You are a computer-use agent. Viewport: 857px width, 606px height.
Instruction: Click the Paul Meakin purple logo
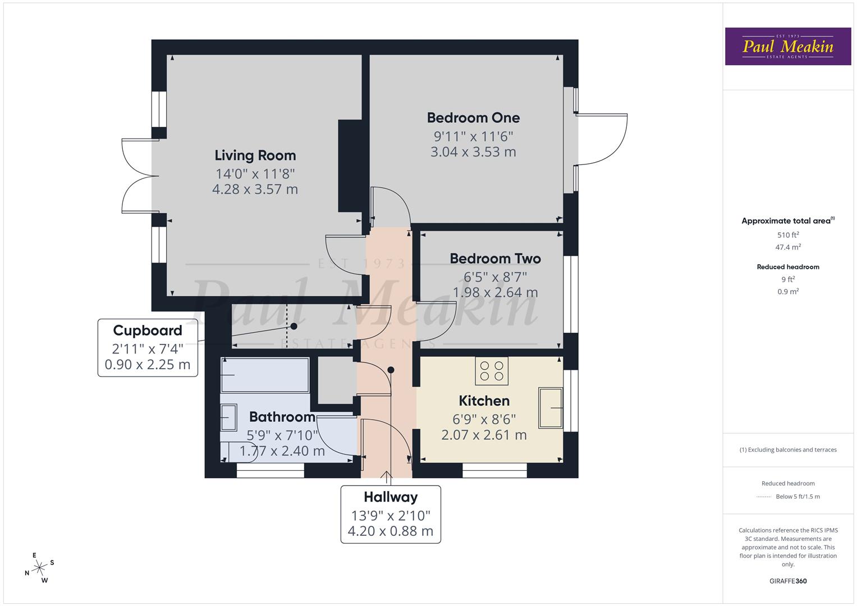[787, 47]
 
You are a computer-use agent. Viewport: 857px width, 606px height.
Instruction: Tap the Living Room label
[255, 155]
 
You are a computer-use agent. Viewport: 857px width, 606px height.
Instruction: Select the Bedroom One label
[473, 118]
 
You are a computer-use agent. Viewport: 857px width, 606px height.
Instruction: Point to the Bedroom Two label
[495, 259]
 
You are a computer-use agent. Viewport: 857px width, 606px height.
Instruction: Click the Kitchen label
[484, 401]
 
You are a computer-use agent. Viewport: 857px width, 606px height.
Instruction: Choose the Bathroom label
[282, 417]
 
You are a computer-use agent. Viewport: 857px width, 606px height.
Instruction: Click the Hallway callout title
[391, 497]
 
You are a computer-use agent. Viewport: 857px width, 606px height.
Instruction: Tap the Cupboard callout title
[148, 330]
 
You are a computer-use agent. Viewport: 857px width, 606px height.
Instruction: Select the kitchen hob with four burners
[492, 371]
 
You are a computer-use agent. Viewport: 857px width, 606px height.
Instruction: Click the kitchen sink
[551, 408]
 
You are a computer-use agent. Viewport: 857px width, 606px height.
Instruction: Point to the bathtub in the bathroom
[264, 375]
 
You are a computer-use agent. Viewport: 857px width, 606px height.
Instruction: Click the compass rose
[39, 568]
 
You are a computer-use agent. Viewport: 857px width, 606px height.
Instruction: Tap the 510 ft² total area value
[788, 235]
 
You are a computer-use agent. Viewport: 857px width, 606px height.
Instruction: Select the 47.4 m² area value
[788, 247]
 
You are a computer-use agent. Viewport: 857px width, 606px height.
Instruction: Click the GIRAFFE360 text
[788, 581]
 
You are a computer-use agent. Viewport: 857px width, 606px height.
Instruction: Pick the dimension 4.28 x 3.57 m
[255, 189]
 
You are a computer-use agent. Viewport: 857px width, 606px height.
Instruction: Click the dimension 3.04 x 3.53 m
[473, 152]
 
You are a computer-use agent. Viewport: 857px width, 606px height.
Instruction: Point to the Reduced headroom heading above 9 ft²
[788, 267]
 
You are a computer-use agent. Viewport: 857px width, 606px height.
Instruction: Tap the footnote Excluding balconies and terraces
[788, 449]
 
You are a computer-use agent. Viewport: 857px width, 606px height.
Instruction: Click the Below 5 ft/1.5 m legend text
[798, 497]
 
